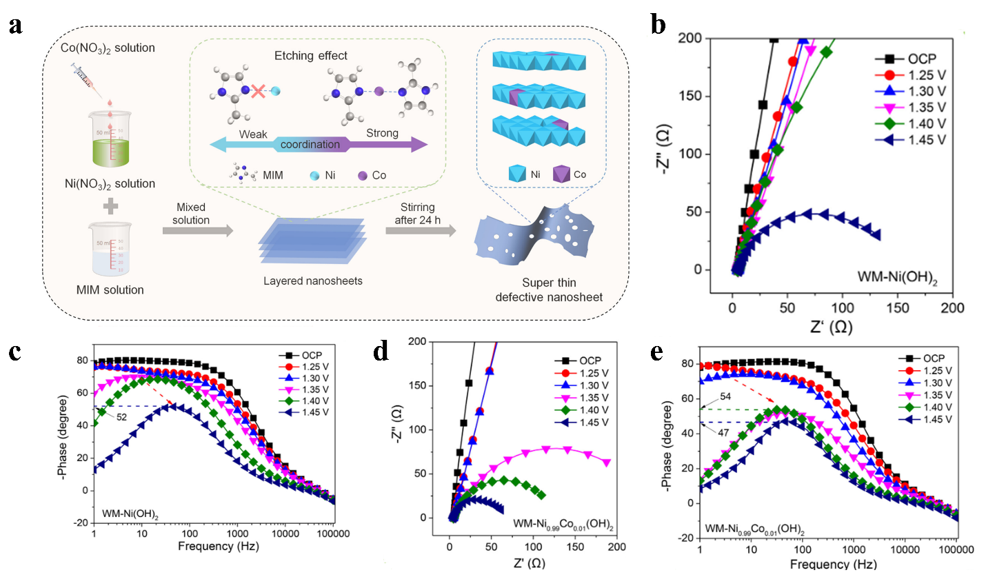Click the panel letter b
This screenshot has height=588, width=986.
658,25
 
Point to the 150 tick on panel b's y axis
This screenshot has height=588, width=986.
689,96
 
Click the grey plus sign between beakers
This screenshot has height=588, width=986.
110,205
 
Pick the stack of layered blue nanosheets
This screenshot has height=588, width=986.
312,241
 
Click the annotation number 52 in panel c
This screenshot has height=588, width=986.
121,417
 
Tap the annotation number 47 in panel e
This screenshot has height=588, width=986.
723,432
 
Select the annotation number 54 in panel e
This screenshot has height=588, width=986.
725,396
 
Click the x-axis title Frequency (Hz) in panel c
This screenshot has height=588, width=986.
218,546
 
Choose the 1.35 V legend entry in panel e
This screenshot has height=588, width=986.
937,395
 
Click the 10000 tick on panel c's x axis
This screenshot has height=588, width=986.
285,533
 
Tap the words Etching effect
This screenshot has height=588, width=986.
310,56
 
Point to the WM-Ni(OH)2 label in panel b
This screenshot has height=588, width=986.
897,277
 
